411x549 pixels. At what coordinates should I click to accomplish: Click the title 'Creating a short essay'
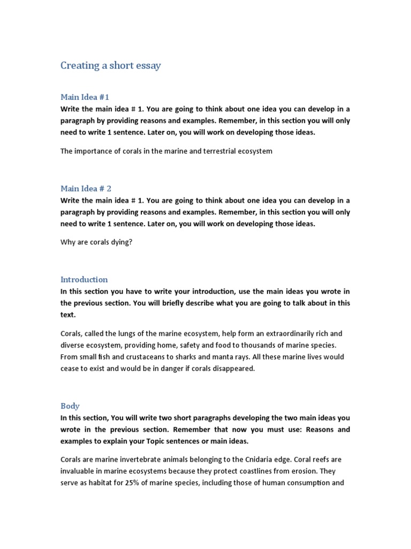click(x=110, y=66)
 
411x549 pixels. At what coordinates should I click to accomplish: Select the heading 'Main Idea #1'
click(x=85, y=97)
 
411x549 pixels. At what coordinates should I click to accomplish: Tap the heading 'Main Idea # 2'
click(x=86, y=189)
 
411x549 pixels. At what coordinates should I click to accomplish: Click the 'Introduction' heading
click(x=84, y=279)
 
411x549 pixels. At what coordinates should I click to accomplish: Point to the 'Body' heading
click(x=70, y=406)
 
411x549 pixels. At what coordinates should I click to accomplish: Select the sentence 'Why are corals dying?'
click(x=96, y=242)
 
